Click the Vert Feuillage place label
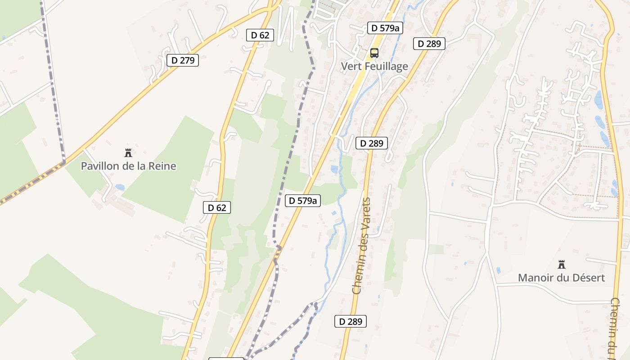click(x=374, y=67)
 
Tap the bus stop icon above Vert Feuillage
click(x=374, y=53)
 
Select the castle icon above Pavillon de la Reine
click(x=128, y=153)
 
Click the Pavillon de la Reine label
click(x=128, y=166)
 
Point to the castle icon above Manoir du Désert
click(x=561, y=264)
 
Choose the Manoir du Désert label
click(x=561, y=278)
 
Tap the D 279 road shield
click(x=183, y=60)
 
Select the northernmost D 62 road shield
click(x=260, y=35)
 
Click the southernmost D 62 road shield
click(x=217, y=207)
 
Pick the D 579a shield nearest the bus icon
click(x=385, y=28)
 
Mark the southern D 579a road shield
click(x=303, y=201)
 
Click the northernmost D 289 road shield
click(x=429, y=44)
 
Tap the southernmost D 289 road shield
click(x=351, y=321)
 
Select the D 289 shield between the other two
click(x=372, y=144)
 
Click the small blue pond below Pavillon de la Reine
click(x=120, y=187)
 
